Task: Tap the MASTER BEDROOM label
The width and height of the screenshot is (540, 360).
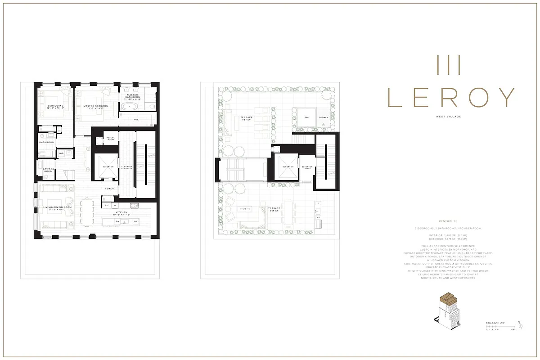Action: (96, 107)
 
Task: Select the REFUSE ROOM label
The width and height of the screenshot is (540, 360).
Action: (111, 139)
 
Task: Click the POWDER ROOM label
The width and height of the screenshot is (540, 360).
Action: (49, 171)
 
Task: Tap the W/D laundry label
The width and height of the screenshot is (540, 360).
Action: (62, 153)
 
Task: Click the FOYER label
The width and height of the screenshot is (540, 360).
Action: (109, 189)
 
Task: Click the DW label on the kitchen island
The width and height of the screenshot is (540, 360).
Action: (117, 221)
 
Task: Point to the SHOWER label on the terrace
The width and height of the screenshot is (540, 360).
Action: (324, 117)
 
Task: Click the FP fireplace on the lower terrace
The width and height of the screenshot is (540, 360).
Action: (245, 209)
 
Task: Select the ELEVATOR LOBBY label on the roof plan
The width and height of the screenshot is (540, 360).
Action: (307, 167)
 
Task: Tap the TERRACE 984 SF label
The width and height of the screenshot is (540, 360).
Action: (247, 119)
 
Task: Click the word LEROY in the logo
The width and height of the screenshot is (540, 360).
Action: (451, 97)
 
